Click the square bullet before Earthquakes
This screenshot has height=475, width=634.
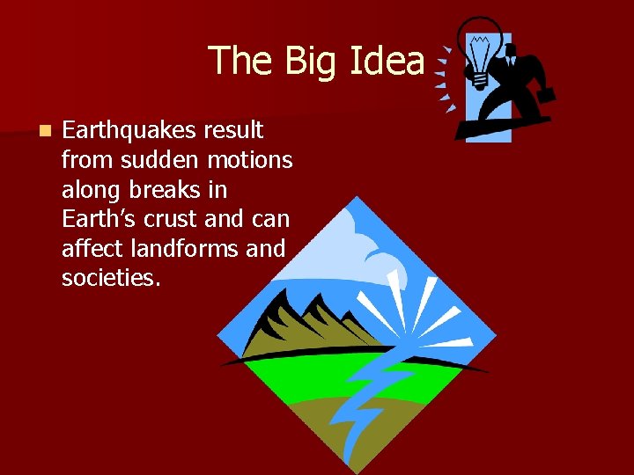click(x=43, y=131)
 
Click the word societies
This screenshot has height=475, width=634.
click(x=111, y=280)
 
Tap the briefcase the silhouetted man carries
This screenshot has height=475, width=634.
click(x=545, y=92)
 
